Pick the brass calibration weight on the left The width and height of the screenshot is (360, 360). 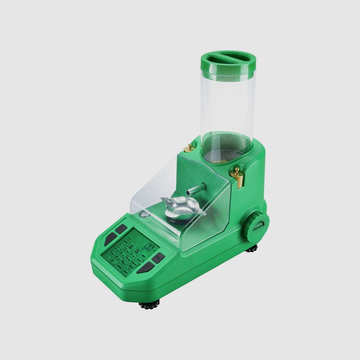pyautogui.click(x=189, y=149)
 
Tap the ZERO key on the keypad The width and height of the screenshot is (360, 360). pyautogui.click(x=139, y=260)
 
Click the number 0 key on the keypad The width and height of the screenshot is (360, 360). pyautogui.click(x=113, y=261)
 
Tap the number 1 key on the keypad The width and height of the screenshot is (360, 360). pyautogui.click(x=120, y=245)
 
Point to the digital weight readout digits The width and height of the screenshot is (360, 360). pyautogui.click(x=149, y=248)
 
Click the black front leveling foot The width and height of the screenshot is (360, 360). pyautogui.click(x=150, y=305)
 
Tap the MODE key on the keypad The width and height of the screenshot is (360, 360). pyautogui.click(x=130, y=267)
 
